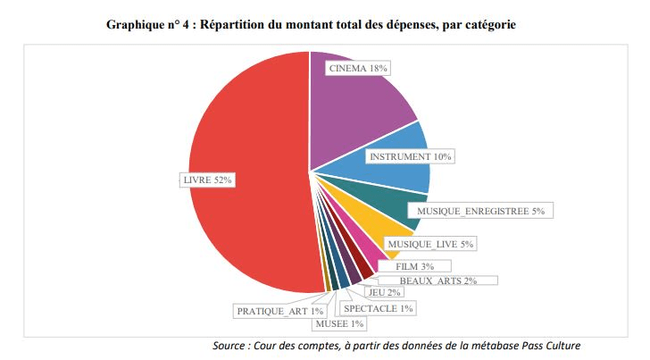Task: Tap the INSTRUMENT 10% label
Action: (x=410, y=156)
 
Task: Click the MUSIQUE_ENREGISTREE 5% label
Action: (x=480, y=211)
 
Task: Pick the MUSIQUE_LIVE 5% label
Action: (x=430, y=243)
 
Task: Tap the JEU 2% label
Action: (x=385, y=292)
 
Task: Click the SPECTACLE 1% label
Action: (x=379, y=309)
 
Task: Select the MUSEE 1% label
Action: (x=339, y=323)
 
